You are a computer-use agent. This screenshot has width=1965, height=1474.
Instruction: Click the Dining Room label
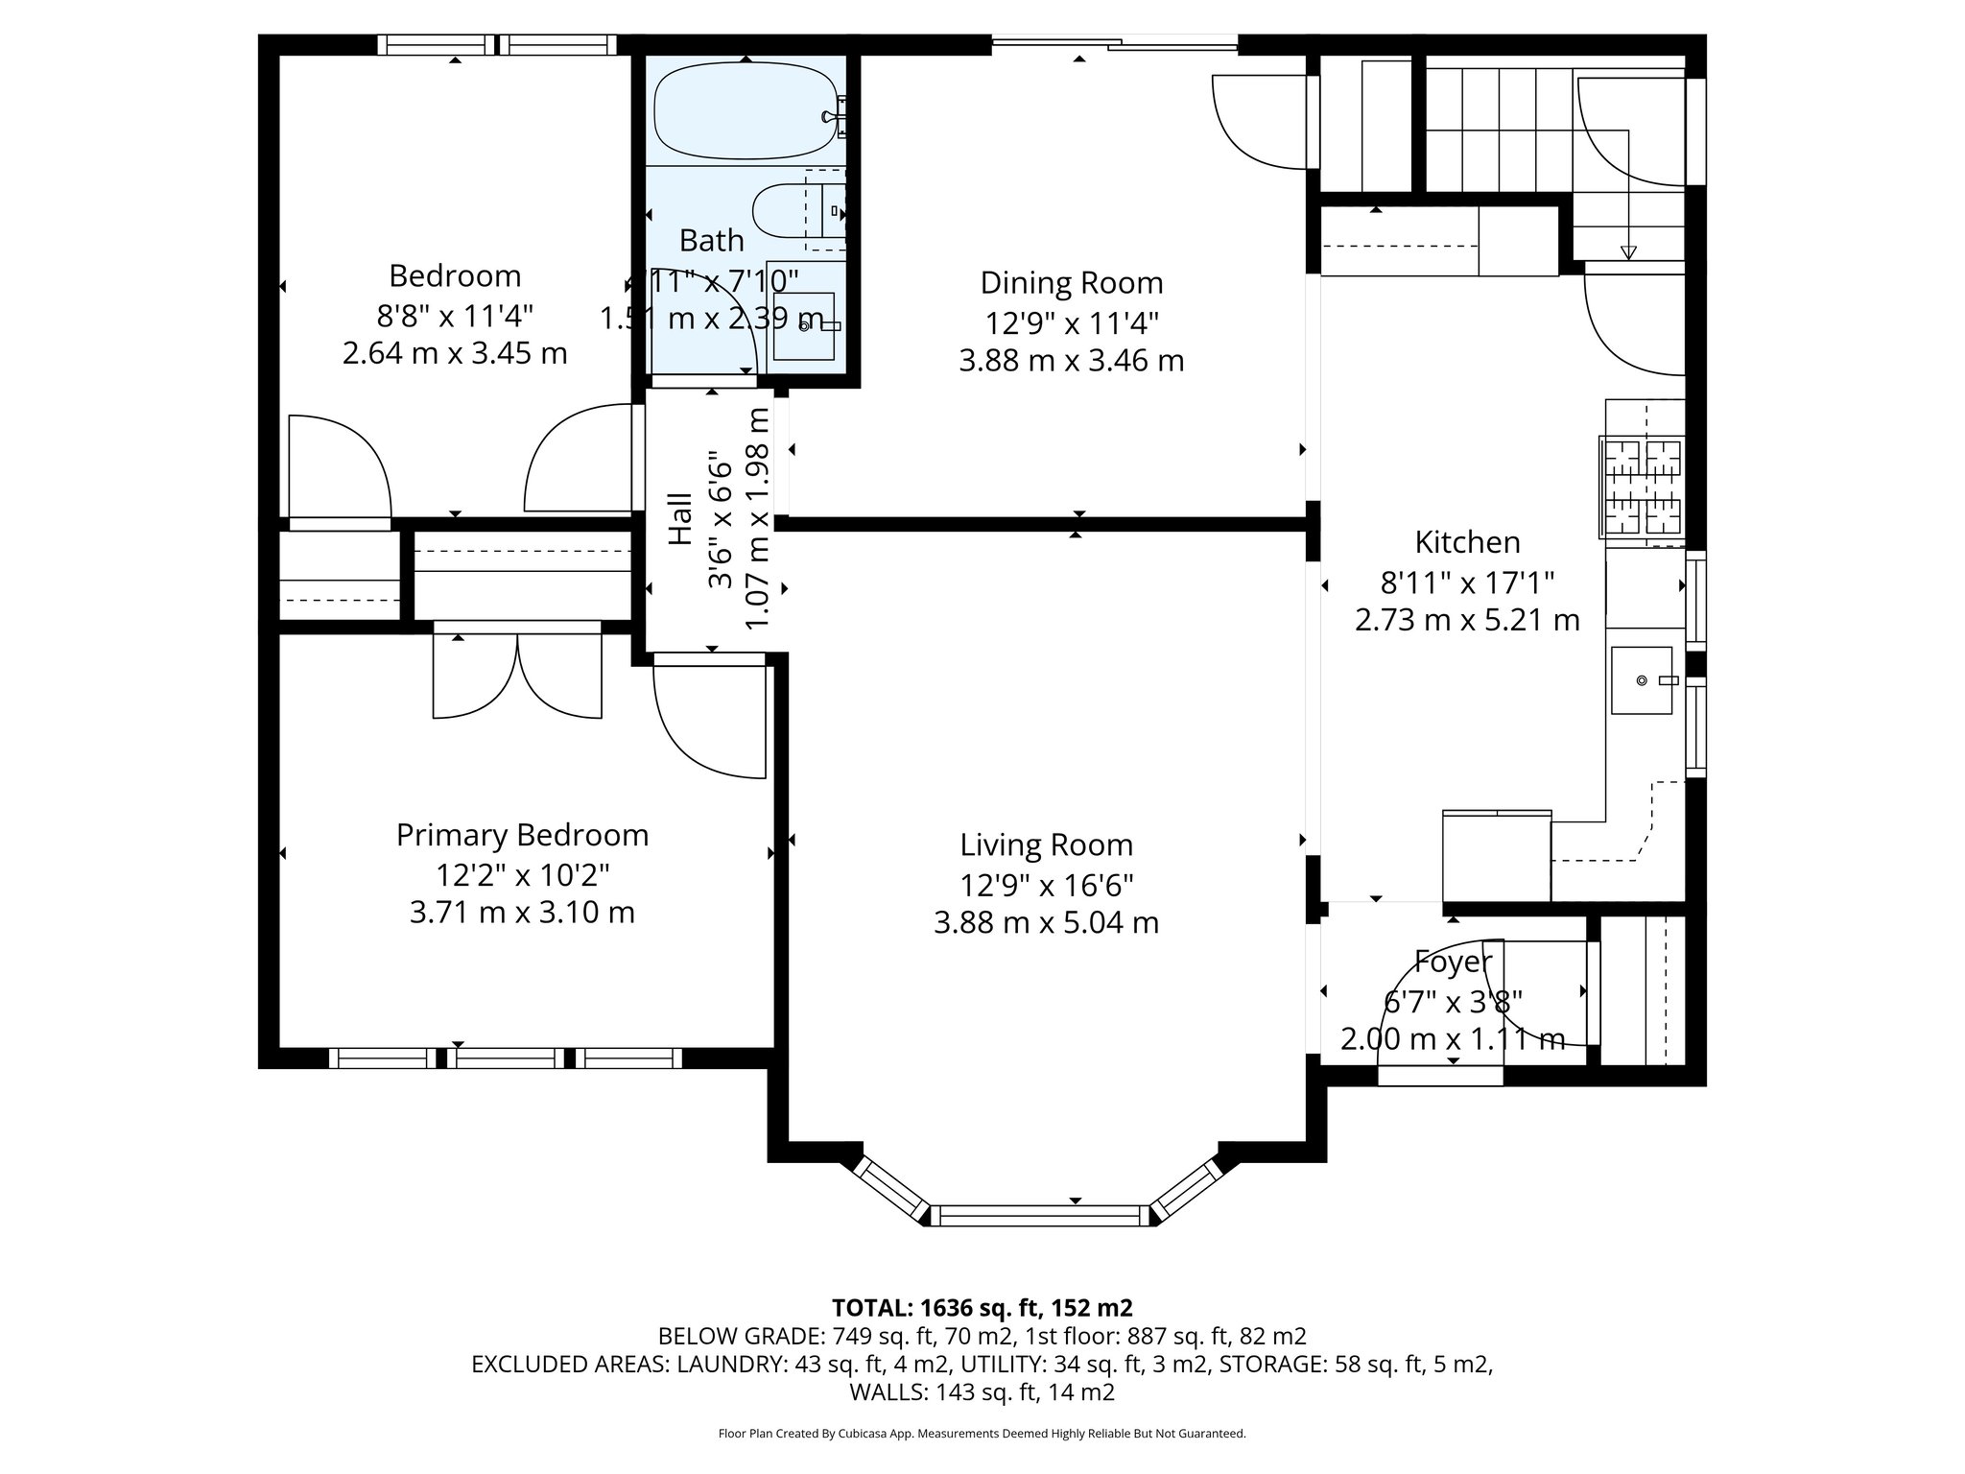pos(1071,283)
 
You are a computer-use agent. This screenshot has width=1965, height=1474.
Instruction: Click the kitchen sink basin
pos(1642,680)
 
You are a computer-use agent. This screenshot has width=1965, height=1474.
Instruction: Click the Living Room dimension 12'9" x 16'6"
pos(1046,884)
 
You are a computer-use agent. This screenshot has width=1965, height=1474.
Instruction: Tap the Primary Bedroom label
pos(522,835)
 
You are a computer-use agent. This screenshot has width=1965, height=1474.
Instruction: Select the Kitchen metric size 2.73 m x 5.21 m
pos(1466,620)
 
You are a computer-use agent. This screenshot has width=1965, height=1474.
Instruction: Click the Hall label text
pos(679,519)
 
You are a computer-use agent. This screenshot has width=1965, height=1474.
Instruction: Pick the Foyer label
pos(1453,961)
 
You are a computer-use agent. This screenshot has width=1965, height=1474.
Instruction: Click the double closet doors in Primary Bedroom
pos(517,675)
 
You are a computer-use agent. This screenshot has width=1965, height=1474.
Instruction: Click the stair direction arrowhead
pos(1628,252)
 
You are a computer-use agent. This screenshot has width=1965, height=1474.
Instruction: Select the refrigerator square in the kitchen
pos(1497,855)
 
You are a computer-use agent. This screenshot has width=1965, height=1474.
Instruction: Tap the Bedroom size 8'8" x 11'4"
pos(455,315)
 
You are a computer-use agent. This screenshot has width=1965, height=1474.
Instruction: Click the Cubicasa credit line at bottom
pos(981,1434)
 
